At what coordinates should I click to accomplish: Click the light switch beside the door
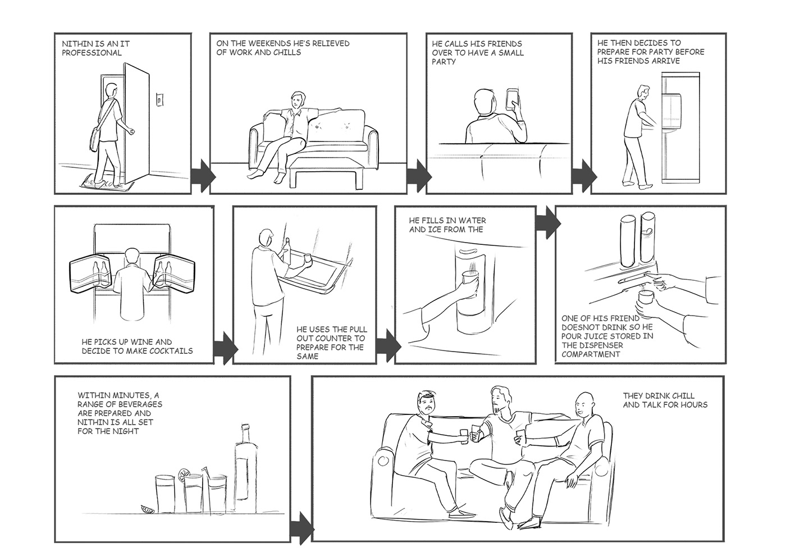point(159,99)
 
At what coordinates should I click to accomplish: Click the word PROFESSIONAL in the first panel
point(92,53)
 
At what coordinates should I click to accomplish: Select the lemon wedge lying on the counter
point(148,508)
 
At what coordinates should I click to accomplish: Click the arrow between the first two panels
point(203,176)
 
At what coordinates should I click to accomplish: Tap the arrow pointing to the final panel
point(301,528)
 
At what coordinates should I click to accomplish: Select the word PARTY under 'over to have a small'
point(444,62)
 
